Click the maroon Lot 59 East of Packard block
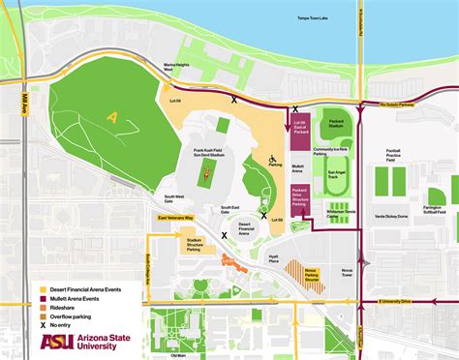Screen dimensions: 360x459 point(298,128)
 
